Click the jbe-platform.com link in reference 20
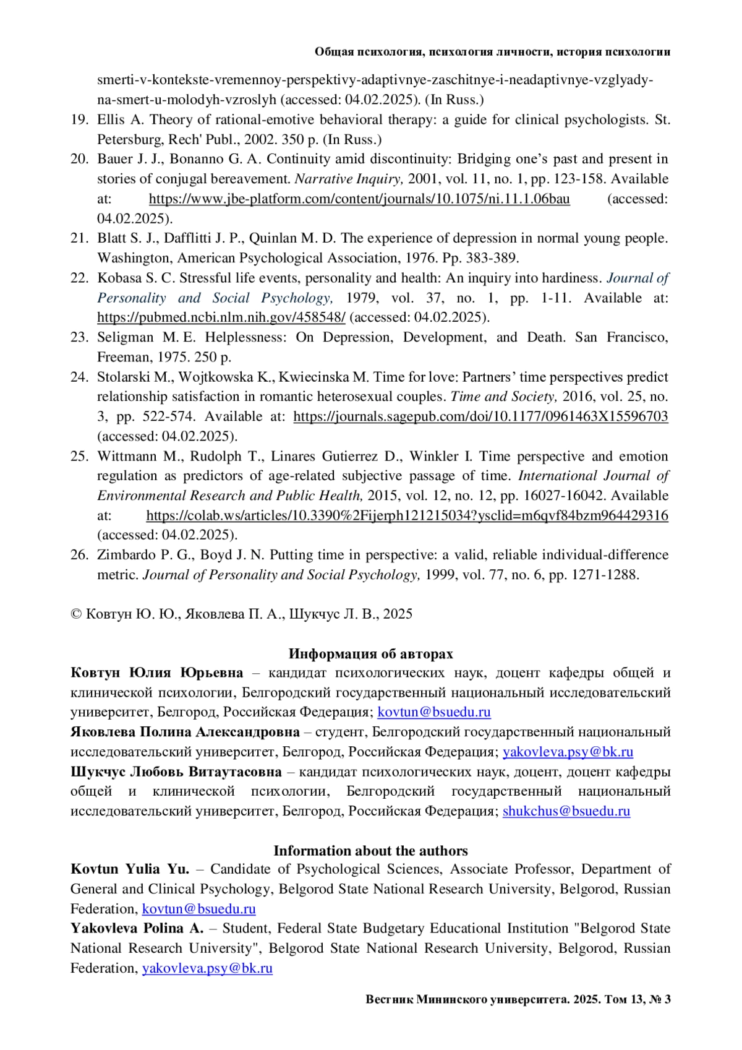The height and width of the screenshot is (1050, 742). [359, 199]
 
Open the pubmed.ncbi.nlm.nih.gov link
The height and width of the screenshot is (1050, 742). [221, 317]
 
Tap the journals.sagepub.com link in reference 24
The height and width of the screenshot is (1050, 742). [480, 416]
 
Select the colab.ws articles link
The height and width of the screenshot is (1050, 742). [407, 515]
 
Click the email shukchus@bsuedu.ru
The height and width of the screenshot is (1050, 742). [566, 811]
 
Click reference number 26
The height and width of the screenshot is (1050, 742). [79, 555]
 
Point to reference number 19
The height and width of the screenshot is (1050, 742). [79, 119]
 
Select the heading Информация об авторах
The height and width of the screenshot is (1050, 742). [370, 653]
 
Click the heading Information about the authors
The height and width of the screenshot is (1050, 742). [370, 850]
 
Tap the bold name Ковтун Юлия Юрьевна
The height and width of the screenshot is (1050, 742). [157, 673]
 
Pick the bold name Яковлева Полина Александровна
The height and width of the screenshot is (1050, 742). [185, 732]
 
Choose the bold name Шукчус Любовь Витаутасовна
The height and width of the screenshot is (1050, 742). [176, 772]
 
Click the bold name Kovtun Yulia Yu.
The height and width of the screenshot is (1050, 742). [130, 869]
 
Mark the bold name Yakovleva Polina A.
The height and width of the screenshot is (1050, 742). [137, 928]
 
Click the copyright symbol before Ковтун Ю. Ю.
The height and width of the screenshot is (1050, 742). [77, 614]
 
